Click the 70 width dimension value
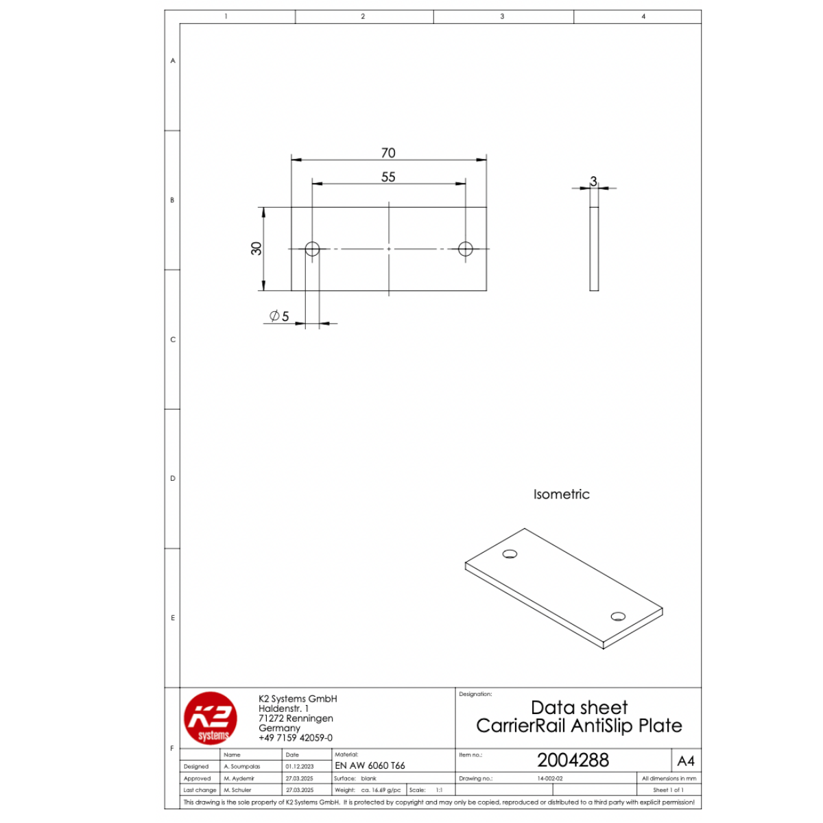(x=387, y=153)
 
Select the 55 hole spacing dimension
(x=387, y=177)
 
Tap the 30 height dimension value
(x=256, y=248)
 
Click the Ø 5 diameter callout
(x=279, y=316)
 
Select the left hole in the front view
(x=312, y=248)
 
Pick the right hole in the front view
(x=465, y=248)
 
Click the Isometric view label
(x=561, y=494)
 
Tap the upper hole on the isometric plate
(x=509, y=554)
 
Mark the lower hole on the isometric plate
(x=617, y=617)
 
